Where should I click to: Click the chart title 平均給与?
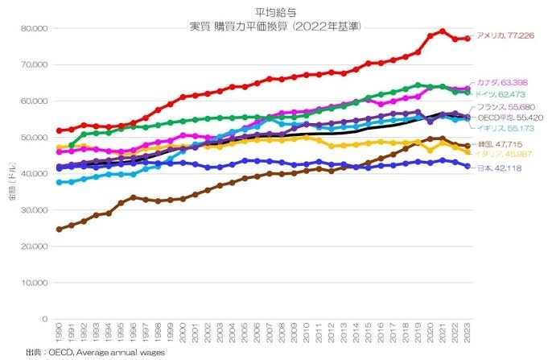pos(274,13)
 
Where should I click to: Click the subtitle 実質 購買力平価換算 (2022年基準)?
pos(274,26)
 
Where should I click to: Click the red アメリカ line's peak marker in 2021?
pos(443,31)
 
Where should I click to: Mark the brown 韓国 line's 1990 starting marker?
pos(59,230)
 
